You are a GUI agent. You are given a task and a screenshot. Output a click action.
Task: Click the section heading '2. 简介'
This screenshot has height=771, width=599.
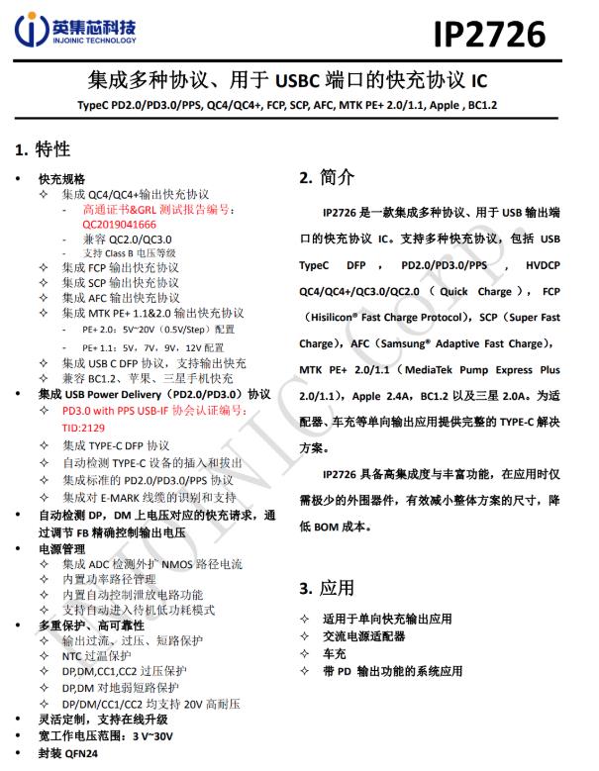326,178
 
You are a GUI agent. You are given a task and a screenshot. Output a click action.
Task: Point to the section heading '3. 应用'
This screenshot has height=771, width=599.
326,588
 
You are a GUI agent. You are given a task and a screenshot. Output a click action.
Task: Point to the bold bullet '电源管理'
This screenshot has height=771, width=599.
61,547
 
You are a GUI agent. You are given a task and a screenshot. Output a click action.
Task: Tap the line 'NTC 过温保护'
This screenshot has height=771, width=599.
96,656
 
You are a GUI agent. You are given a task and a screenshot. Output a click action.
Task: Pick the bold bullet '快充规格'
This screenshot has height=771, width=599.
61,178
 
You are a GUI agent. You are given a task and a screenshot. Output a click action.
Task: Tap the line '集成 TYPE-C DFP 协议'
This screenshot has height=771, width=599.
116,445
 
